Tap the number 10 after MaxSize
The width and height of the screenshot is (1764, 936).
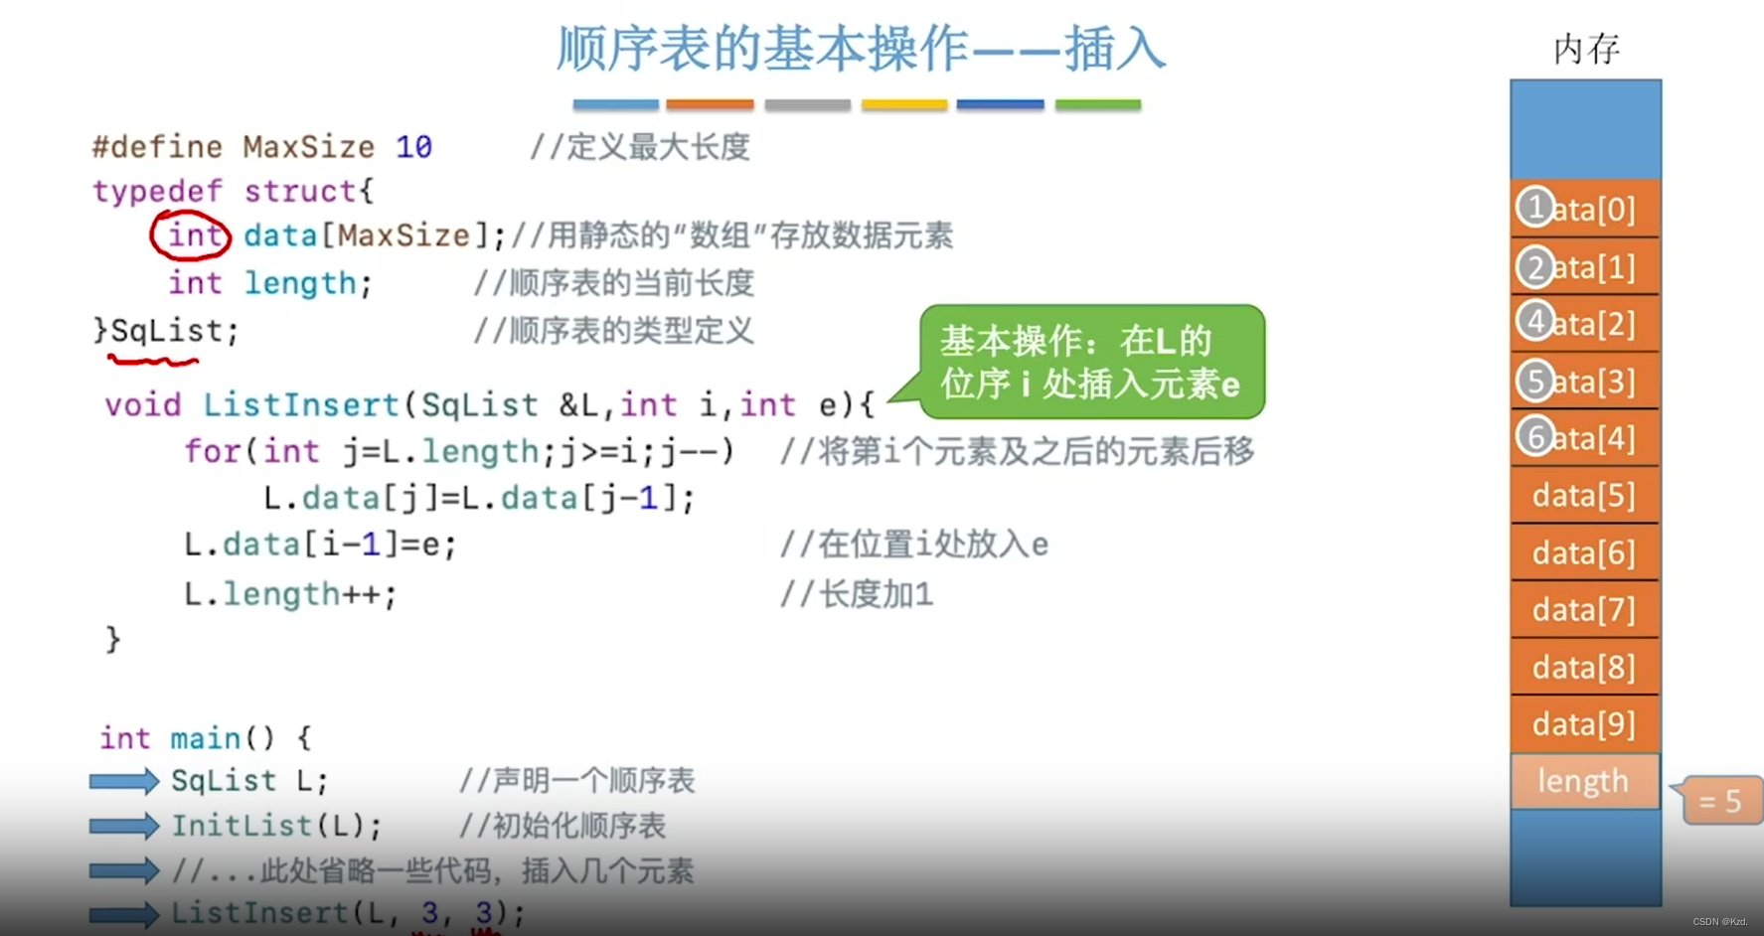point(413,147)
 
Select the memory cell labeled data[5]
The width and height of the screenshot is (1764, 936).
point(1584,495)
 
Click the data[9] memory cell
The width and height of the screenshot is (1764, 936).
point(1584,723)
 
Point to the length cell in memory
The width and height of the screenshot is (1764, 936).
point(1584,781)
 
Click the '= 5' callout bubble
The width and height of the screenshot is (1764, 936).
point(1721,801)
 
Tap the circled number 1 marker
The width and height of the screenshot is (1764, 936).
point(1535,208)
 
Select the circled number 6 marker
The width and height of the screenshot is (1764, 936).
point(1535,436)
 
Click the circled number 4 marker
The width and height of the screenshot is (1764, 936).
point(1535,322)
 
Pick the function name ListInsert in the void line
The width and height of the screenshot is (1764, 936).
point(301,405)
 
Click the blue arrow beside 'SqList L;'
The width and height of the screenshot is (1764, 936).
point(123,781)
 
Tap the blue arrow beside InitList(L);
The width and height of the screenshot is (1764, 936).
point(123,826)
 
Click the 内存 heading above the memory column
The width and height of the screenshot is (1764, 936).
point(1586,49)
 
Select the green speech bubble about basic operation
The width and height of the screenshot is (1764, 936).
point(1091,362)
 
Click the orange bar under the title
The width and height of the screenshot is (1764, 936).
point(710,104)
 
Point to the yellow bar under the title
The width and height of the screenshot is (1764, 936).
point(903,104)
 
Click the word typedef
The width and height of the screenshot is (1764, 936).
point(157,191)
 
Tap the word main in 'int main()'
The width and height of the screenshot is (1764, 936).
point(206,738)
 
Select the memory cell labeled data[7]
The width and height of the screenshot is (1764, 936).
point(1584,609)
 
